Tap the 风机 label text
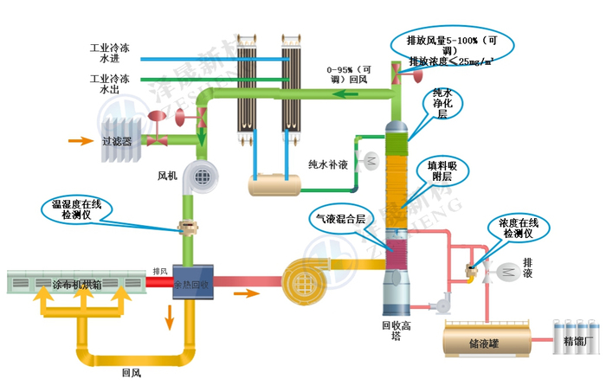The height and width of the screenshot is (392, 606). point(167,177)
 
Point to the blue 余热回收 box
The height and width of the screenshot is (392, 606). point(190,281)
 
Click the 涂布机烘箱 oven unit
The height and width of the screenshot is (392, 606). point(76,282)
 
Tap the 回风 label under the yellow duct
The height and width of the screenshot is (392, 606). point(131,374)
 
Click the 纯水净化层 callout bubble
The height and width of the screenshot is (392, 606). point(442,102)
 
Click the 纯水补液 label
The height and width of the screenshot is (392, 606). point(328,162)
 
